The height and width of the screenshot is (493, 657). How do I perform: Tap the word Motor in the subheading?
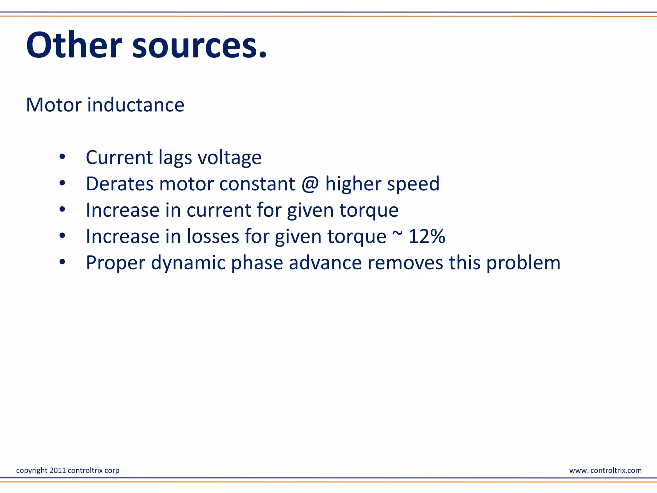click(54, 105)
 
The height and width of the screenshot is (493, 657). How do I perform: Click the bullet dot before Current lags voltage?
click(62, 157)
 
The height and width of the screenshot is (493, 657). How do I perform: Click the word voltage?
click(229, 158)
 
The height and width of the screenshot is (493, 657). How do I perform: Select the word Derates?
click(120, 184)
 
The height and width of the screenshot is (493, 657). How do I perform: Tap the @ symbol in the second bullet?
click(310, 184)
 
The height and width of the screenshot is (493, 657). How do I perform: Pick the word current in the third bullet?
click(219, 210)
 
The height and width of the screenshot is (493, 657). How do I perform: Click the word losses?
click(213, 236)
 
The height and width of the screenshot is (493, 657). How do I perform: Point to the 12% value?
click(427, 236)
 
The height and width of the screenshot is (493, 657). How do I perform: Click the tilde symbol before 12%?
click(397, 233)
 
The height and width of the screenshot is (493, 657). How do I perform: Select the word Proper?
click(115, 263)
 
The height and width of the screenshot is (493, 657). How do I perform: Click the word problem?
click(523, 263)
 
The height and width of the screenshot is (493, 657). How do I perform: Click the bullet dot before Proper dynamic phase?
click(62, 262)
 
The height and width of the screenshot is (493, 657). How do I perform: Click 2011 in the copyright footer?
click(58, 470)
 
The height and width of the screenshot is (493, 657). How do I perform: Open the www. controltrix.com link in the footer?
click(605, 470)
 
